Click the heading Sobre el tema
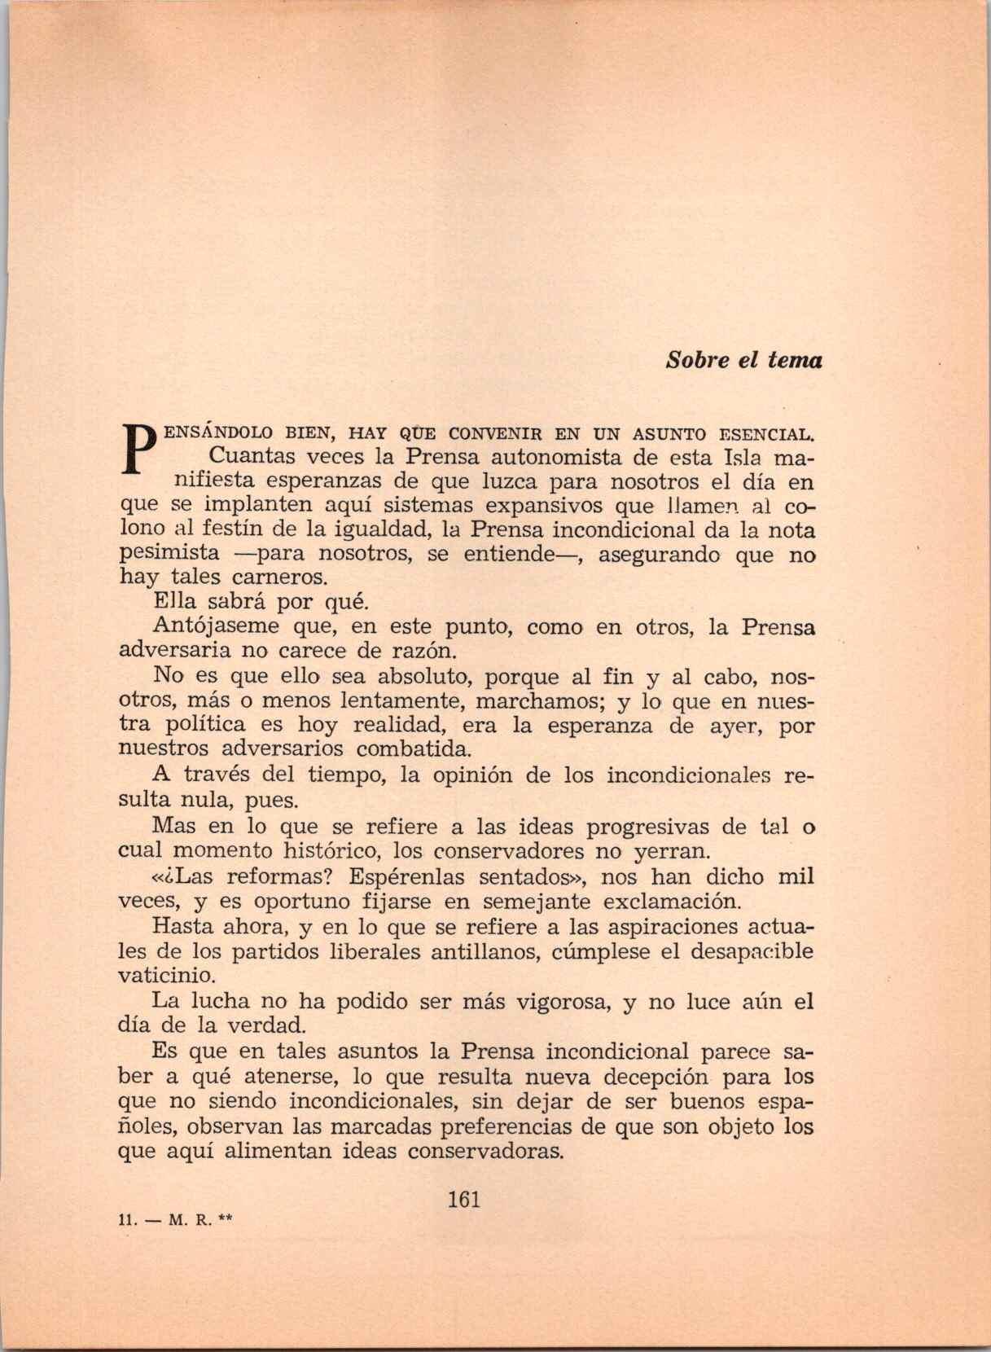point(743,360)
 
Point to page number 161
point(464,1199)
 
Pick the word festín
point(234,530)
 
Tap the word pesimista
point(169,554)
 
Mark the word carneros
point(267,579)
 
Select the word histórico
point(330,852)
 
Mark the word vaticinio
point(168,976)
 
